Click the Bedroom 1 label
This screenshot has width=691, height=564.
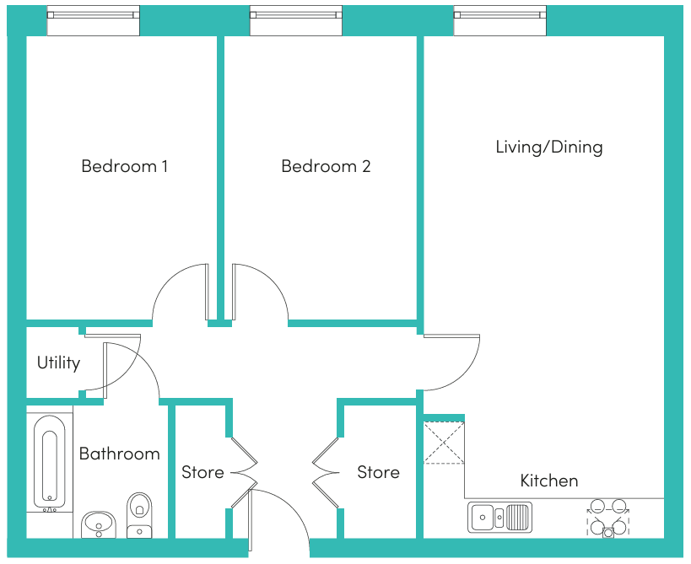125,166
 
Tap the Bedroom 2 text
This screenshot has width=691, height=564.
327,166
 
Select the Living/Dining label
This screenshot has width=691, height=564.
549,147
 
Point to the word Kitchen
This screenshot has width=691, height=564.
549,481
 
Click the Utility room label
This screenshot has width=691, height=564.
58,363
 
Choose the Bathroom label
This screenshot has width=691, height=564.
120,454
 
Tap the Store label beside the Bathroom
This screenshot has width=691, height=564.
202,472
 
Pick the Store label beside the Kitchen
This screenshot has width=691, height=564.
378,472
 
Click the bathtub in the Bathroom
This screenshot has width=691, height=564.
49,461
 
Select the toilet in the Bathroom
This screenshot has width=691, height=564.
139,515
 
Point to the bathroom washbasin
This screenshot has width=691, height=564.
99,525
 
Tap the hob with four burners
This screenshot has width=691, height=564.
608,518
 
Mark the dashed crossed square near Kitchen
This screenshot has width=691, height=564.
444,443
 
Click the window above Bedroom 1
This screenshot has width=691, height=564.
94,20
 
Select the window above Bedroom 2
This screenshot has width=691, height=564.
296,20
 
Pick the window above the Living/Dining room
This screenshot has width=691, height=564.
500,20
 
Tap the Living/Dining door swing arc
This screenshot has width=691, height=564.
463,374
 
